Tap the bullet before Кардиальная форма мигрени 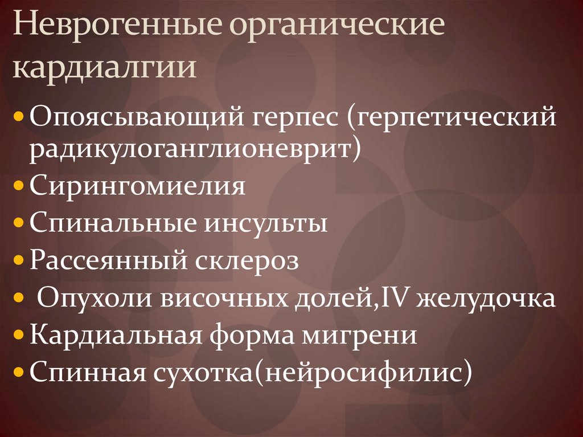[x=19, y=335]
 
